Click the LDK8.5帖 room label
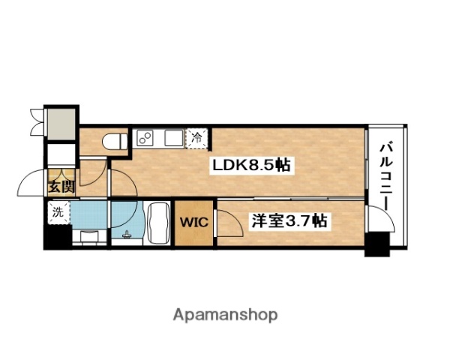pyautogui.click(x=251, y=165)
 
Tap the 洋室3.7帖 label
pyautogui.click(x=289, y=221)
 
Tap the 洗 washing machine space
pyautogui.click(x=57, y=211)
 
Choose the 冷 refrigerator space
pyautogui.click(x=197, y=138)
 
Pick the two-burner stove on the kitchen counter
pyautogui.click(x=145, y=138)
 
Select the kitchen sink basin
pyautogui.click(x=173, y=138)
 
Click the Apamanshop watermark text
pyautogui.click(x=226, y=314)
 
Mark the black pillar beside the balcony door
pyautogui.click(x=377, y=244)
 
